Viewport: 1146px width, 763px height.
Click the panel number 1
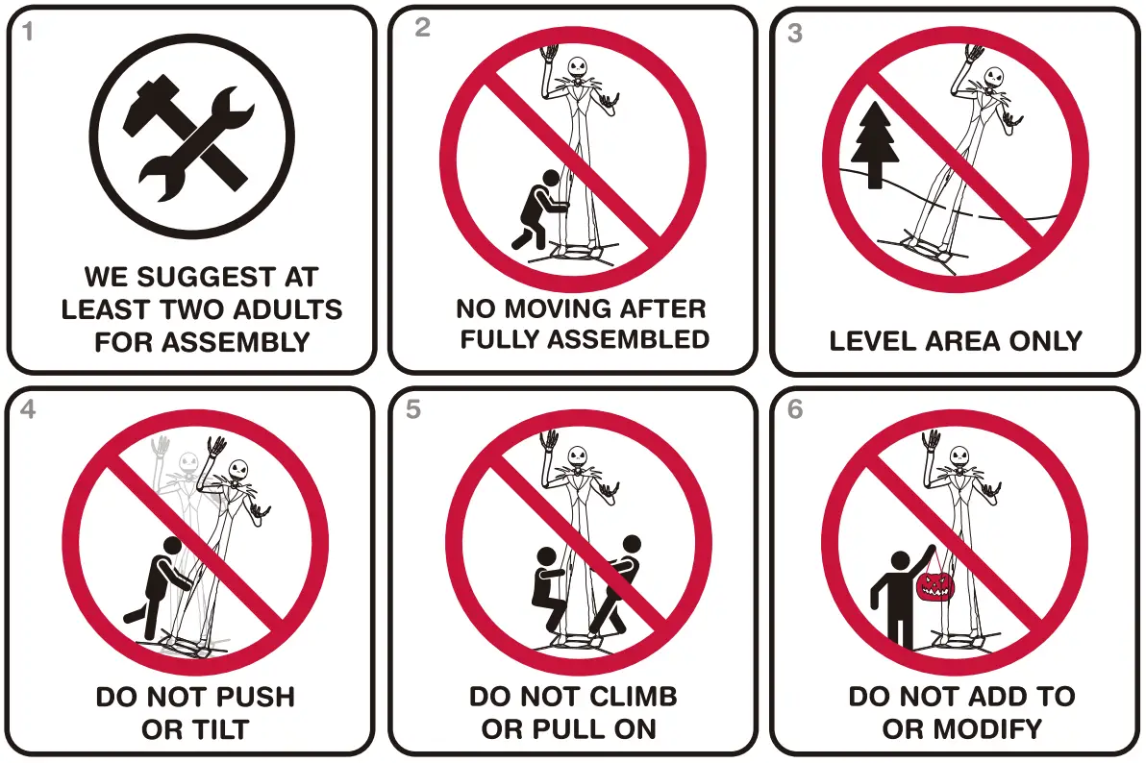click(x=28, y=32)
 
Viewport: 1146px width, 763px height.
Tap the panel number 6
click(x=795, y=409)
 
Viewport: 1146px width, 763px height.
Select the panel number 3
click(x=795, y=33)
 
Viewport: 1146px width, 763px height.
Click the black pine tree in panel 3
click(x=874, y=145)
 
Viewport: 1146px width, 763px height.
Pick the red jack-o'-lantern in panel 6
click(x=935, y=584)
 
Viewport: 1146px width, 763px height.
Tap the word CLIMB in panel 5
click(x=635, y=697)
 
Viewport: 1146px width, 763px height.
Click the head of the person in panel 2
click(x=550, y=178)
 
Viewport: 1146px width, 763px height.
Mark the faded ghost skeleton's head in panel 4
click(x=188, y=463)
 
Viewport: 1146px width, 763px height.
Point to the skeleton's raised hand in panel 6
click(x=931, y=441)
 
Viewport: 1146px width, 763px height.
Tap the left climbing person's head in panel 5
click(x=546, y=556)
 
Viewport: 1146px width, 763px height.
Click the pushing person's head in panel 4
click(x=172, y=546)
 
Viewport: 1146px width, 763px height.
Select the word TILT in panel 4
click(x=222, y=729)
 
